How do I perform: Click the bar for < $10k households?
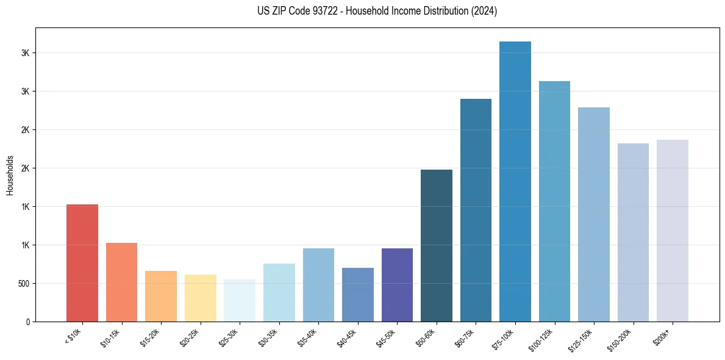pyautogui.click(x=82, y=263)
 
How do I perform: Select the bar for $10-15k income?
pyautogui.click(x=121, y=282)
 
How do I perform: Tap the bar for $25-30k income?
pyautogui.click(x=240, y=300)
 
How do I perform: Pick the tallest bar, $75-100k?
pyautogui.click(x=515, y=181)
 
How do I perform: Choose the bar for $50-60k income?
pyautogui.click(x=437, y=245)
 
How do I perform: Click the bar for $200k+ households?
pyautogui.click(x=673, y=231)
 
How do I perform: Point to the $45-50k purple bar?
pyautogui.click(x=397, y=285)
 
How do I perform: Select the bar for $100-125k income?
pyautogui.click(x=554, y=201)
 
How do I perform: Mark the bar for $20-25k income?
pyautogui.click(x=201, y=298)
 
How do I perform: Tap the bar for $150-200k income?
pyautogui.click(x=633, y=232)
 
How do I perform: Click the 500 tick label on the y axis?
pyautogui.click(x=23, y=284)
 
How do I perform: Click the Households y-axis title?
pyautogui.click(x=10, y=175)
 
